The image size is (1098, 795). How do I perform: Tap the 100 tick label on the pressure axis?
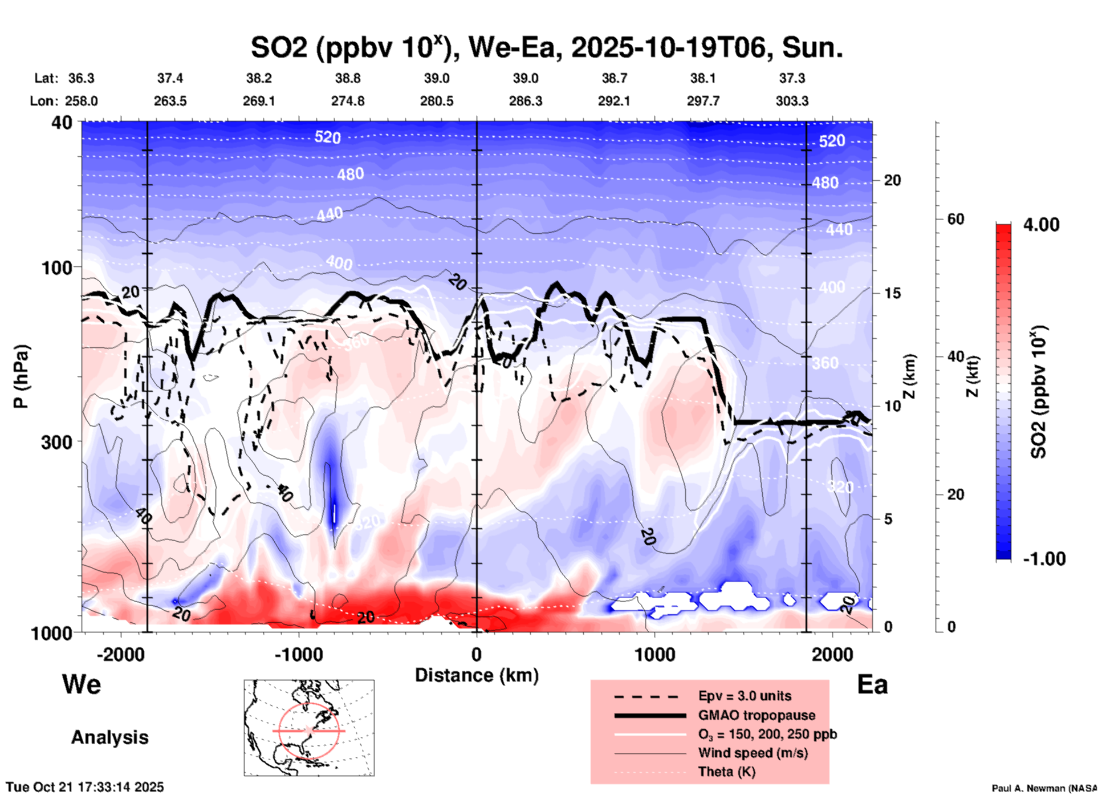59,267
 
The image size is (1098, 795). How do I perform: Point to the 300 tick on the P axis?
59,442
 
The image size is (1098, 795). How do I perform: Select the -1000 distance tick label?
298,654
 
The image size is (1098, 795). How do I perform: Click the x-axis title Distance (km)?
477,675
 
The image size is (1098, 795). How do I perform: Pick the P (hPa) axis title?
21,376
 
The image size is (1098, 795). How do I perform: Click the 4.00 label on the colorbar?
1041,225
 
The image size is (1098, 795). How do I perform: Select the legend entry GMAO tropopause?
757,715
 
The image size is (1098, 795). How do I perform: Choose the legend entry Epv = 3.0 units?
745,696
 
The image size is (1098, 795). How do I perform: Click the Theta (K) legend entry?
726,772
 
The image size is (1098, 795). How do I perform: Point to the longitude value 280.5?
437,102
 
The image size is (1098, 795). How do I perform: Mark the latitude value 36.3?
81,78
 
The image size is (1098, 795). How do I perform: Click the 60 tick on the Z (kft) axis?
955,219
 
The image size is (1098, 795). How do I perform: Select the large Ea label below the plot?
872,685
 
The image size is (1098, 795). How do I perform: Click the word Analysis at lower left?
109,737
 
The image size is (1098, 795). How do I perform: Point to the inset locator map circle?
309,731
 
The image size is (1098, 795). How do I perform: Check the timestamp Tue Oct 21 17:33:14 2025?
85,787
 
